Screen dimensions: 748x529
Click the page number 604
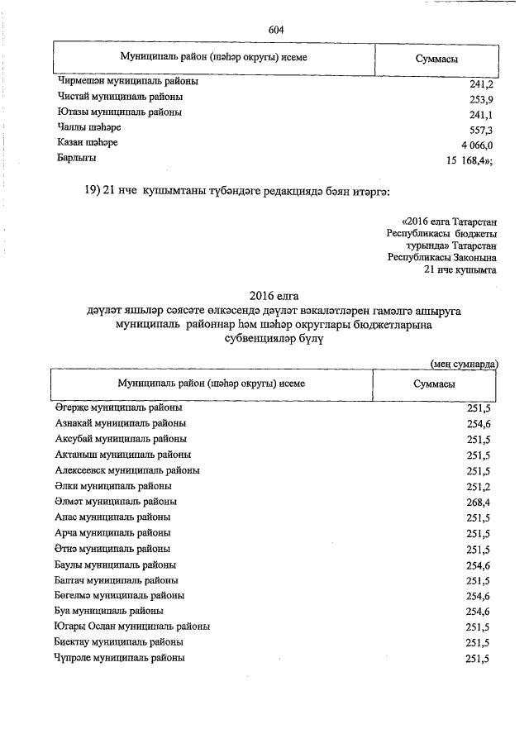click(276, 30)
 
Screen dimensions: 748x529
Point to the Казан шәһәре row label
click(88, 143)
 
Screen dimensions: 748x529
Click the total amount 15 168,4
click(468, 161)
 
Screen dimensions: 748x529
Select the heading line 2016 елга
click(274, 295)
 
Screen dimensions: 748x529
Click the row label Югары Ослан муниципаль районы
click(132, 627)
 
